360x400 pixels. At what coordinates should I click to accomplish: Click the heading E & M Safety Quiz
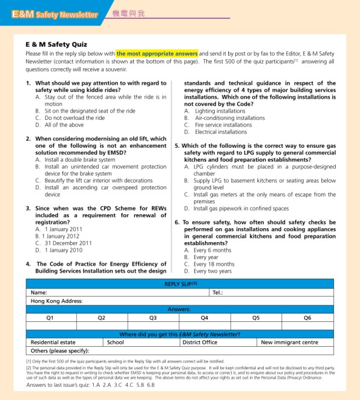56,45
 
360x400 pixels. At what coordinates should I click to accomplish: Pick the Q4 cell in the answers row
205,318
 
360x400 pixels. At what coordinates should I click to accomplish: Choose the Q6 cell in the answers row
307,318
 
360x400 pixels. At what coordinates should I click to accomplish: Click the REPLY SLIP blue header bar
182,284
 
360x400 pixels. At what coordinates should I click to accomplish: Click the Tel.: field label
218,292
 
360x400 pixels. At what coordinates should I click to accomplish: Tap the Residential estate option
53,343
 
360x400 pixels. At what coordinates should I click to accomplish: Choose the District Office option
200,343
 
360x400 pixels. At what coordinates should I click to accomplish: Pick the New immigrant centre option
289,343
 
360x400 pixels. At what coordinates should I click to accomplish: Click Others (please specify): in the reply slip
59,350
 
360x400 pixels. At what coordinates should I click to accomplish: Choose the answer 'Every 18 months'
214,264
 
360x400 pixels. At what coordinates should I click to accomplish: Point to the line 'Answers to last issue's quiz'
86,385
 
